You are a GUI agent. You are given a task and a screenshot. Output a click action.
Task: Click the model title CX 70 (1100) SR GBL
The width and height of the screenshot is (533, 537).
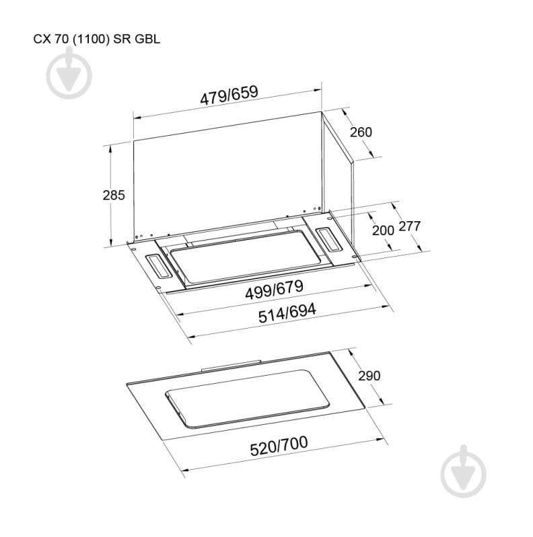[97, 39]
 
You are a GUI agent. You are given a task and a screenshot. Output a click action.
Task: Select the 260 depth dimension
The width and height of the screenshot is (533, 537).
[361, 132]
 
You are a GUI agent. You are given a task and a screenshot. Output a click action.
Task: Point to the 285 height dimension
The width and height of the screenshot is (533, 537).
[114, 196]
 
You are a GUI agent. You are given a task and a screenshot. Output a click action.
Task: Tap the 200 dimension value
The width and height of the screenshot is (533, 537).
[382, 231]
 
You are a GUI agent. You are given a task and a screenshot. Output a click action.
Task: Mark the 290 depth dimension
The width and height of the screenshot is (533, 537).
[369, 376]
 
